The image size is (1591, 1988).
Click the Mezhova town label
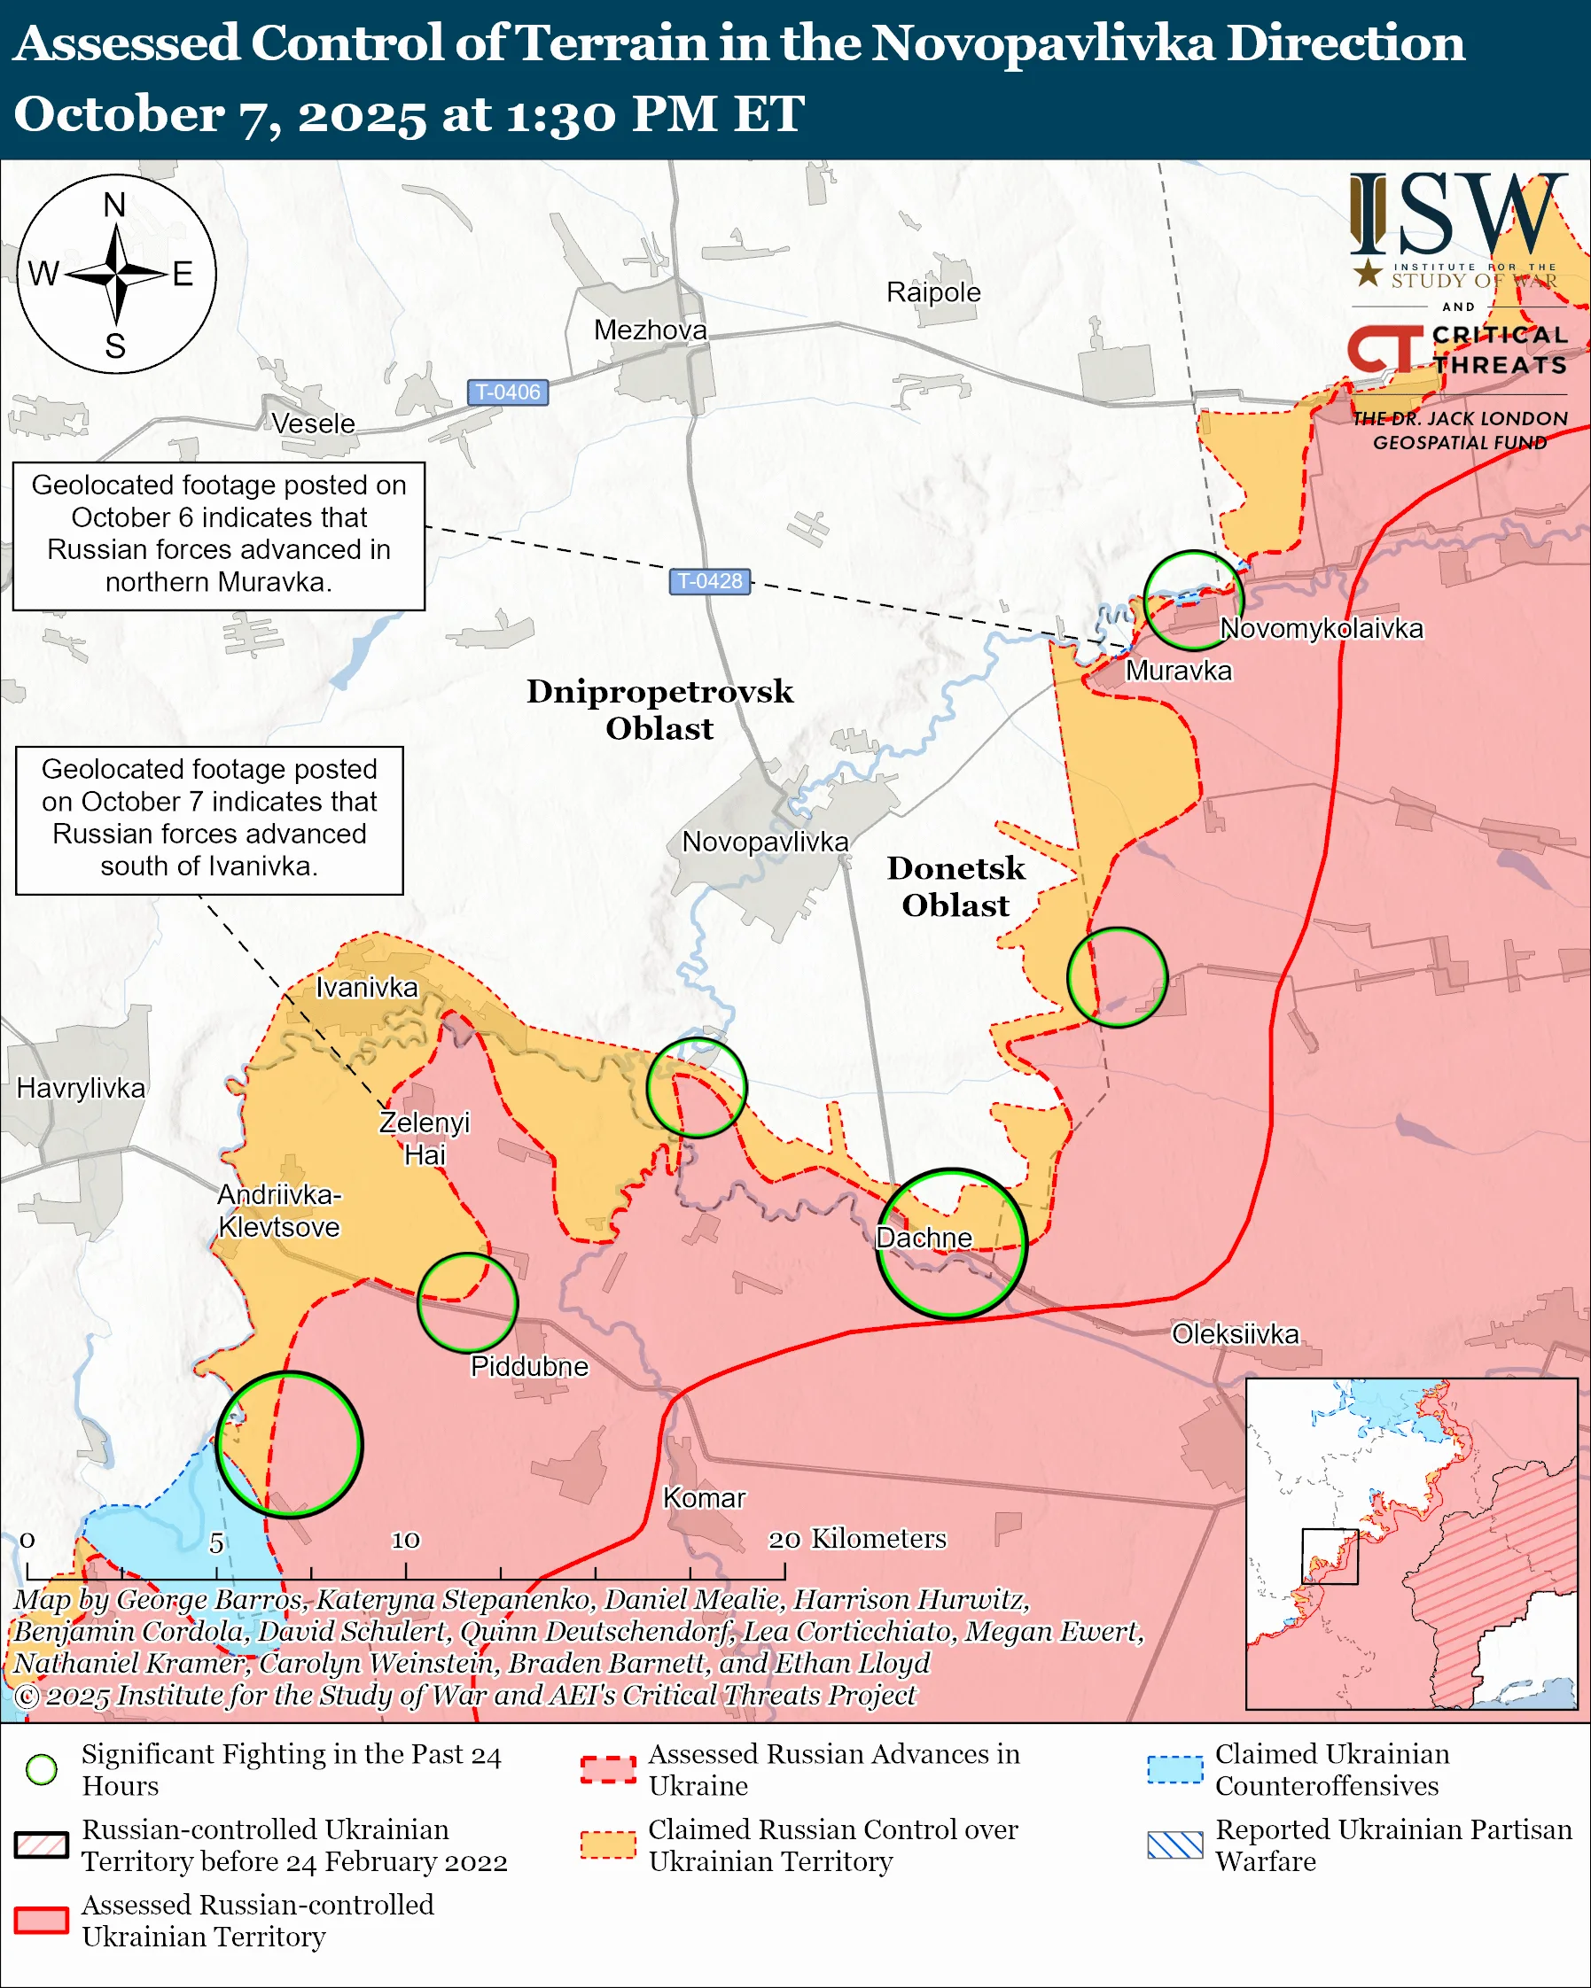(x=651, y=330)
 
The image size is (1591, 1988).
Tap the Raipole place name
(x=933, y=292)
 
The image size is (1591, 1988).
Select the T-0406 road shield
(x=507, y=392)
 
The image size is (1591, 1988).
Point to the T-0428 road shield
(x=709, y=581)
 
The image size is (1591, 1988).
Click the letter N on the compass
(x=114, y=205)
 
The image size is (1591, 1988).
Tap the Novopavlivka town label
(x=765, y=842)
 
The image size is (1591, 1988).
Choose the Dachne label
(x=924, y=1238)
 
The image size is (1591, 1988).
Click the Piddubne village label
(x=528, y=1365)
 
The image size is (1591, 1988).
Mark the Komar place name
(x=704, y=1497)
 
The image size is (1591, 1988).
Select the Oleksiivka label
(x=1235, y=1333)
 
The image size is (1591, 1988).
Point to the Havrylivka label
(x=82, y=1088)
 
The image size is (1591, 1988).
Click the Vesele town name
(x=313, y=424)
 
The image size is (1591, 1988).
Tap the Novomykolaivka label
(x=1322, y=629)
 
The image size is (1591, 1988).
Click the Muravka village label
(x=1178, y=671)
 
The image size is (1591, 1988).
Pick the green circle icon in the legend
(x=42, y=1769)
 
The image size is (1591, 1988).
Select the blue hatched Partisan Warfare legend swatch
(x=1175, y=1845)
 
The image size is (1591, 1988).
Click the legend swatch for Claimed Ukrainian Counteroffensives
(x=1175, y=1769)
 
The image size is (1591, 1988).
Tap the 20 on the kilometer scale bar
(x=784, y=1539)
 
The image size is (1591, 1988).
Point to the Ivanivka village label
(x=366, y=988)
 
